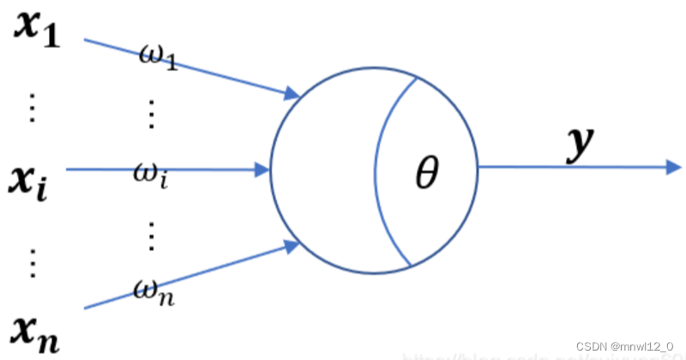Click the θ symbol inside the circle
(426, 176)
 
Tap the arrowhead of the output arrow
(674, 168)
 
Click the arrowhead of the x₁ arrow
(292, 93)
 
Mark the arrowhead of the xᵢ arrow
(262, 170)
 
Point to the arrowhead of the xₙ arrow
(292, 247)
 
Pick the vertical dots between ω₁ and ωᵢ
(152, 114)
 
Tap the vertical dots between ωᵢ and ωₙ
(152, 236)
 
